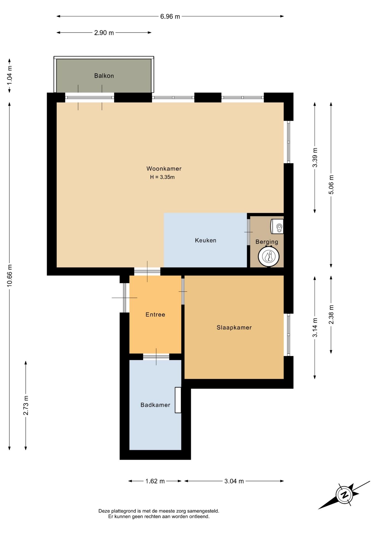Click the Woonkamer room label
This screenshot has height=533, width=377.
[x=164, y=169]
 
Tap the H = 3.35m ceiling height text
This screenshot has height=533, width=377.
[x=162, y=177]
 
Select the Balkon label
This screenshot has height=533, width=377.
[x=104, y=76]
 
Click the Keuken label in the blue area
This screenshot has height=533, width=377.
[x=205, y=240]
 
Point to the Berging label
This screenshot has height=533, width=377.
[x=267, y=242]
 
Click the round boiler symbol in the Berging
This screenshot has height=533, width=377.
[x=268, y=257]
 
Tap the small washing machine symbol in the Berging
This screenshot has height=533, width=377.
[x=277, y=227]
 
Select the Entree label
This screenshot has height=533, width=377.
[x=155, y=315]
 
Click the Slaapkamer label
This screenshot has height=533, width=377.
[x=234, y=328]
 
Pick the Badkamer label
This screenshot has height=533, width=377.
[x=155, y=405]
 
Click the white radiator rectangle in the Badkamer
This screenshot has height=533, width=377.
[x=178, y=400]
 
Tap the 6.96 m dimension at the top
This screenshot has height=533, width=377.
[x=170, y=17]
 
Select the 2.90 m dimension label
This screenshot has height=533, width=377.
[x=104, y=33]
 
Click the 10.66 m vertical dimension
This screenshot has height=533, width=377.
[x=10, y=275]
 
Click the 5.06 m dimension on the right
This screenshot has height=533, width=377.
[x=331, y=185]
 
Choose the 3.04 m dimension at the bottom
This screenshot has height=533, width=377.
[x=234, y=481]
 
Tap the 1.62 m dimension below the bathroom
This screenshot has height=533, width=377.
[x=155, y=481]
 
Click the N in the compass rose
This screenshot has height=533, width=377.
[x=345, y=495]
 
